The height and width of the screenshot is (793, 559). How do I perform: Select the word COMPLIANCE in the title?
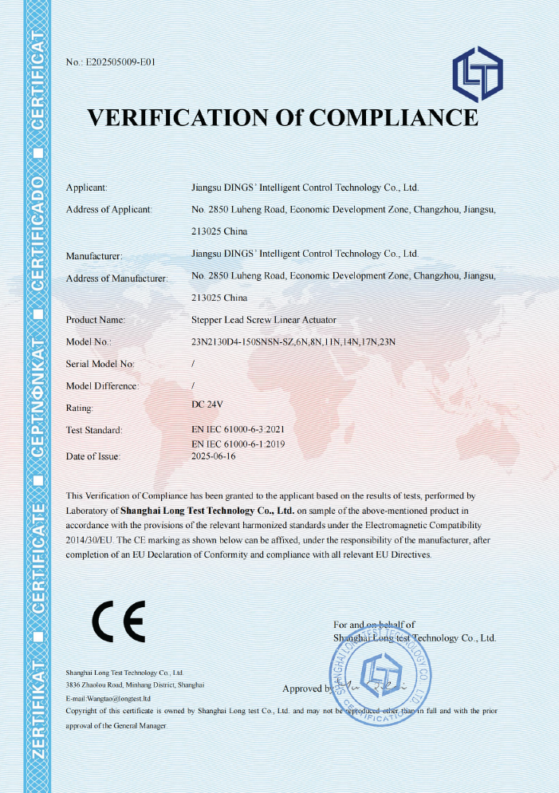tap(393, 118)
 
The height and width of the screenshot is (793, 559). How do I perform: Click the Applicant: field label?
tap(86, 187)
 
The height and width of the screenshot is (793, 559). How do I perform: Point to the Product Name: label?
tap(96, 320)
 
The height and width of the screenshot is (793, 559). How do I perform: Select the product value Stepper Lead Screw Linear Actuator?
tap(264, 320)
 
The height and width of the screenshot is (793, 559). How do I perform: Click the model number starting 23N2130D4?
tap(294, 341)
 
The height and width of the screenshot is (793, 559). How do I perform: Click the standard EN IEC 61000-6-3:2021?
tap(238, 429)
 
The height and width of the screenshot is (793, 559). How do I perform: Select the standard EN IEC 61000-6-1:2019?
tap(238, 443)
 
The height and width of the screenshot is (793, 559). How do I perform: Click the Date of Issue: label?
tap(93, 456)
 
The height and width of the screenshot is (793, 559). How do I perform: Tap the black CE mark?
tap(118, 621)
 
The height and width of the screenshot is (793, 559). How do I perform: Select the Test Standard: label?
tap(94, 430)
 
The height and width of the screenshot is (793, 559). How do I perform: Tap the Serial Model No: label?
tap(100, 364)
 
